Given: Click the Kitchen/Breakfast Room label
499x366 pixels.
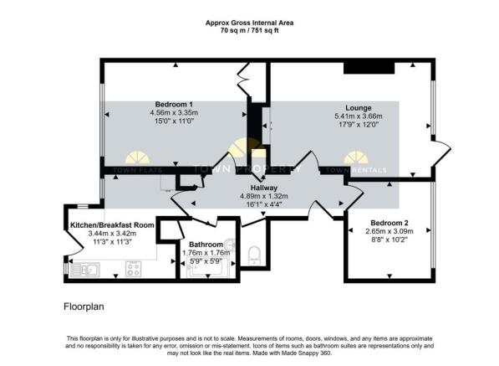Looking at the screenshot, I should tap(112, 224).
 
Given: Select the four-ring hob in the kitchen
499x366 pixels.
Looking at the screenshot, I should tap(133, 269).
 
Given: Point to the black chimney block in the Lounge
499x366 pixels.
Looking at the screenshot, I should tap(362, 68).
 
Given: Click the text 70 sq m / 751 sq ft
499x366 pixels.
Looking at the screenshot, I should tap(249, 30).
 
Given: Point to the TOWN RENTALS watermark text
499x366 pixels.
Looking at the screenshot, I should tap(356, 171).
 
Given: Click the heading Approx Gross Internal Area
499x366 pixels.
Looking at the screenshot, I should tap(249, 22).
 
